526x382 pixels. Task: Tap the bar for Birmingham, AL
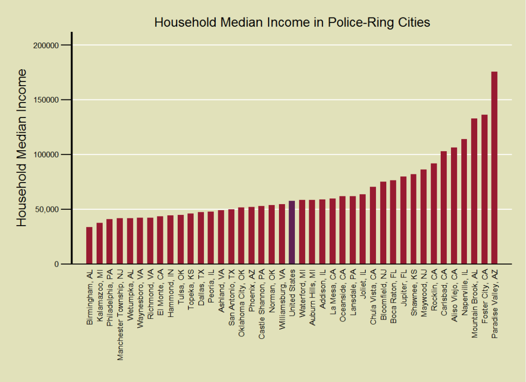click(89, 245)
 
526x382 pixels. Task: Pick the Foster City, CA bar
click(484, 189)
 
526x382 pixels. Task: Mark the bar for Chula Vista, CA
click(373, 225)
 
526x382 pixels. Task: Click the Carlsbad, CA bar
click(444, 207)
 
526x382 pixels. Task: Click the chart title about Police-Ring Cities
click(292, 23)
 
